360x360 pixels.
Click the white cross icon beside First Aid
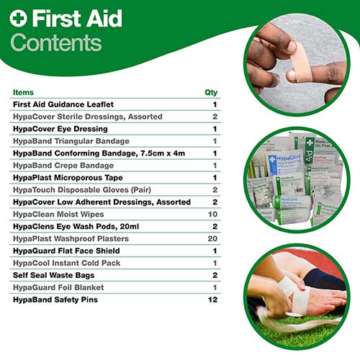(18, 17)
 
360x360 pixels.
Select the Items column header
(23, 92)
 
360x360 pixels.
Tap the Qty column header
(211, 92)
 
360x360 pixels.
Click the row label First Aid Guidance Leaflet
(63, 104)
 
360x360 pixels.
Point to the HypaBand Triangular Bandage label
(71, 140)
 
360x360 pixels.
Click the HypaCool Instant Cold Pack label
(66, 263)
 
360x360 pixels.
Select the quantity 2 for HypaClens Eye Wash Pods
(215, 226)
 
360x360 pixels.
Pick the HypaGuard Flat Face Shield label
(66, 251)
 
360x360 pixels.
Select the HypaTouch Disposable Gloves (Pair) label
(80, 189)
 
